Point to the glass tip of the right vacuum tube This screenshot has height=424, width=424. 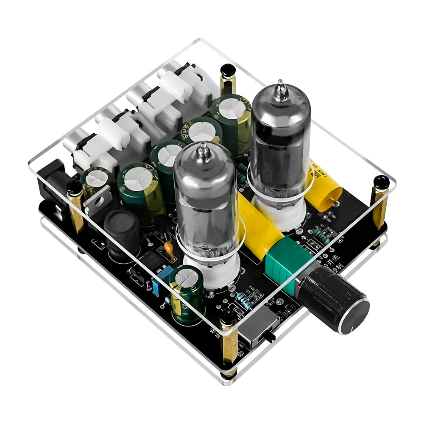[x=280, y=89]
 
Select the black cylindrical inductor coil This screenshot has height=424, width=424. [x=123, y=233]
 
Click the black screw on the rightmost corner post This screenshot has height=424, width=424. [x=380, y=182]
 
